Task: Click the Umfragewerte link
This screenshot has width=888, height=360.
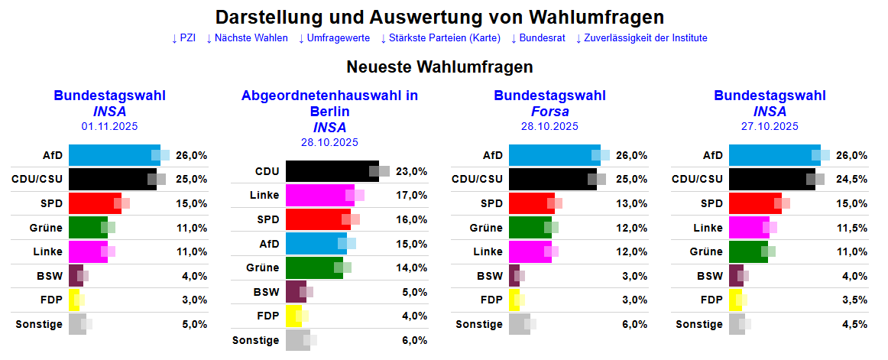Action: pos(333,38)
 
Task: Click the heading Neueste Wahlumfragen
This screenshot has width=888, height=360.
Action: pos(439,66)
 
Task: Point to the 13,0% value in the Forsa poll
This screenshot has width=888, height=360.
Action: pos(632,204)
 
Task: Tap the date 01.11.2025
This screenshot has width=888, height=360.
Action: pos(109,127)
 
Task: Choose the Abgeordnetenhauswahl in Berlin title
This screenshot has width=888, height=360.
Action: pos(329,103)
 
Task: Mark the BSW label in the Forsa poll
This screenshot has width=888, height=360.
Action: pos(490,277)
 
